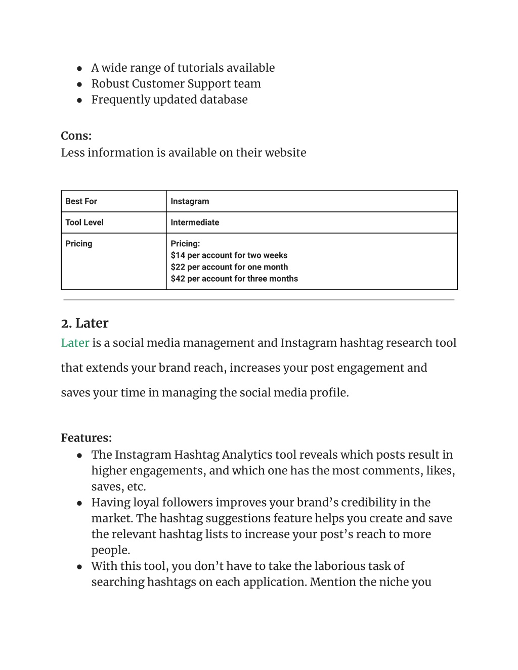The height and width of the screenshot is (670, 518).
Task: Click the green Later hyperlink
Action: coord(75,343)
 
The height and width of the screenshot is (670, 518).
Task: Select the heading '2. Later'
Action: coord(84,323)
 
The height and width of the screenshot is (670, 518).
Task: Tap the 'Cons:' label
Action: coord(76,136)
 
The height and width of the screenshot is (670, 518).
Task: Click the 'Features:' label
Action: coord(86,438)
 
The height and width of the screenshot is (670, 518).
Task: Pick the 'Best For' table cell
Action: coord(81,201)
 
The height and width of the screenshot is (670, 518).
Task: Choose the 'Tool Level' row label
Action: coord(84,222)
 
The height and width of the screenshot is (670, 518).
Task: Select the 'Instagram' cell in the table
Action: coord(190,201)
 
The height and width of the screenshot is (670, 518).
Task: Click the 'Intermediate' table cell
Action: coord(195,222)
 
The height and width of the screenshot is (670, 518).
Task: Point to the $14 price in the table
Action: coord(178,255)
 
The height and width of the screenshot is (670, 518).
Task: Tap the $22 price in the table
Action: coord(178,267)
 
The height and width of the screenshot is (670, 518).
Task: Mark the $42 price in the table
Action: coord(178,279)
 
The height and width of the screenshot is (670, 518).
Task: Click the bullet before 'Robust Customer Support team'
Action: coord(79,84)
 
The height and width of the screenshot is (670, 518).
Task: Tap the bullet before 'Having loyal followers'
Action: coord(79,503)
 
